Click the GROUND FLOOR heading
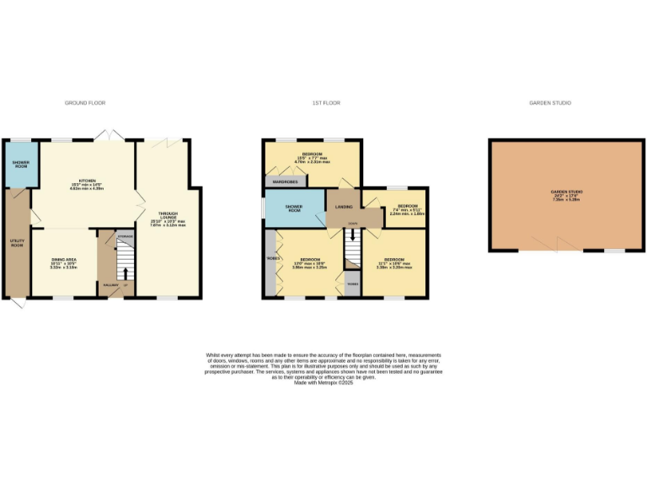[85, 103]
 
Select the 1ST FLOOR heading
[326, 103]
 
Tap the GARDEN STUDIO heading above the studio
[550, 103]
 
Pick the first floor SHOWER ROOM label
[294, 208]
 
